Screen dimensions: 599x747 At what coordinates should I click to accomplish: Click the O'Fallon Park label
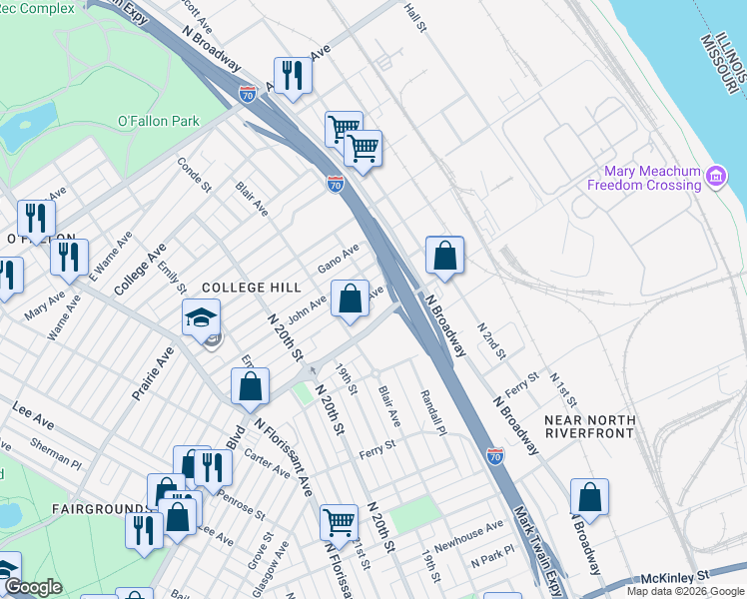pos(159,122)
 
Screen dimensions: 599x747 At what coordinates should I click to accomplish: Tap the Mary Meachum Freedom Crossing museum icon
pos(715,178)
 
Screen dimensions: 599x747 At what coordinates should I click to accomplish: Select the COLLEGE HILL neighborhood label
pos(252,288)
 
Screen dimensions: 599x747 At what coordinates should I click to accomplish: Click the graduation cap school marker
pos(201,317)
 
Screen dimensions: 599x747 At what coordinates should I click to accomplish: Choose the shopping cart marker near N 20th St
pos(339,521)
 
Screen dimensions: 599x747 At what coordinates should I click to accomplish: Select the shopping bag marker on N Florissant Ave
pos(251,385)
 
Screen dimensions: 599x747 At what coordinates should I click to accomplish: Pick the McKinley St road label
pos(674,577)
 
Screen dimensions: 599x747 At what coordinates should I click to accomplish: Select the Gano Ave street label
pos(338,261)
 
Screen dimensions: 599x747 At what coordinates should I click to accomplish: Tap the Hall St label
pos(414,17)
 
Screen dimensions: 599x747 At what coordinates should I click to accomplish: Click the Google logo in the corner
pos(33,587)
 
